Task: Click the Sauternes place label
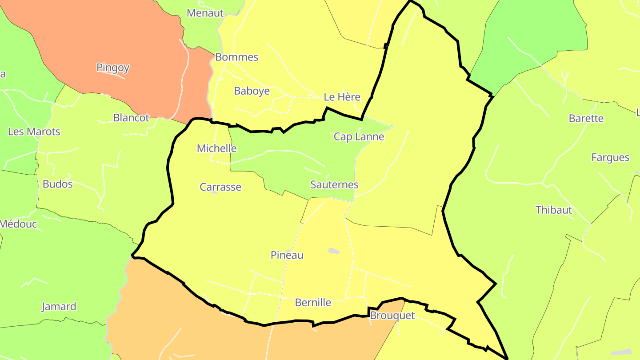pyautogui.click(x=334, y=184)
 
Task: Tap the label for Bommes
pyautogui.click(x=236, y=57)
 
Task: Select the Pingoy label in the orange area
pyautogui.click(x=113, y=68)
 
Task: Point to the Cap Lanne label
pyautogui.click(x=359, y=136)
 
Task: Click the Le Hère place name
pyautogui.click(x=342, y=97)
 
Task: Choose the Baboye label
pyautogui.click(x=252, y=91)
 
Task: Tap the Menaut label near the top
pyautogui.click(x=205, y=13)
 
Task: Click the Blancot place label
pyautogui.click(x=131, y=118)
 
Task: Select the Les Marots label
pyautogui.click(x=34, y=132)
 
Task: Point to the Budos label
pyautogui.click(x=57, y=184)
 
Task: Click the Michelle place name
pyautogui.click(x=217, y=148)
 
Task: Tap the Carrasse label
pyautogui.click(x=220, y=187)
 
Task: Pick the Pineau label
pyautogui.click(x=287, y=255)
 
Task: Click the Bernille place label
pyautogui.click(x=313, y=303)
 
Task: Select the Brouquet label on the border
pyautogui.click(x=392, y=316)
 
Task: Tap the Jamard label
pyautogui.click(x=59, y=307)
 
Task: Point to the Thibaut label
pyautogui.click(x=553, y=210)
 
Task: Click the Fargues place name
pyautogui.click(x=610, y=157)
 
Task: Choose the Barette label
pyautogui.click(x=586, y=118)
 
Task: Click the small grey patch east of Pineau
pyautogui.click(x=334, y=251)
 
